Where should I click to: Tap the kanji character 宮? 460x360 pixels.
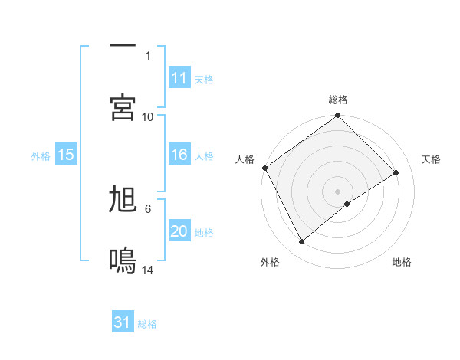123,107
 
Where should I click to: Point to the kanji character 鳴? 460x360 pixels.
123,261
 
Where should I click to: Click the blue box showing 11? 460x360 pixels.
179,78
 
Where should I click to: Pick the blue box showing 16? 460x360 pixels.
179,155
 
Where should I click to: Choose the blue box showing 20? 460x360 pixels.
179,232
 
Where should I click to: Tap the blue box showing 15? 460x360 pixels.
66,155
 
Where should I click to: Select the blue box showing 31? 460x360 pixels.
123,323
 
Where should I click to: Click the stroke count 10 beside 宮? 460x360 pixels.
148,116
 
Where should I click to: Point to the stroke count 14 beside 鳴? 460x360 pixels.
148,270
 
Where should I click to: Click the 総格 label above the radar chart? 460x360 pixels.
338,100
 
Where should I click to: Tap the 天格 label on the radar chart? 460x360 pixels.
432,159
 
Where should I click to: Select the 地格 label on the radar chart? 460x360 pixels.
402,262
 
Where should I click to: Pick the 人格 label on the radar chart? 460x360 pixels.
245,159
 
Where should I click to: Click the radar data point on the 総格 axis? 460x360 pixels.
337,116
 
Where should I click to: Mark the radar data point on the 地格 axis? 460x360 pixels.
347,204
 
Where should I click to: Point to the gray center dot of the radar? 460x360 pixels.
337,191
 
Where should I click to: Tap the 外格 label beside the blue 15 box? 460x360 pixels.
41,156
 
